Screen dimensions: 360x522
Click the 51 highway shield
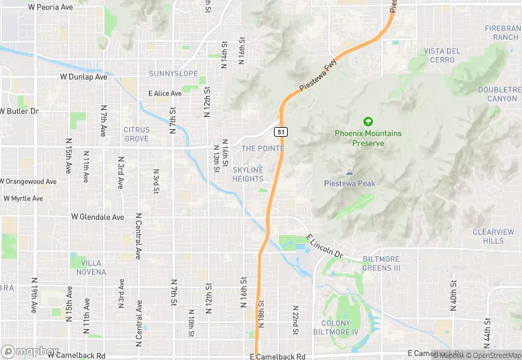[281, 131]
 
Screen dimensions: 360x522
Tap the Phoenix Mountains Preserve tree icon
[368, 121]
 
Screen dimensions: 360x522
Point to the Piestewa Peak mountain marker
[350, 172]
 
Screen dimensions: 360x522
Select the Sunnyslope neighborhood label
[173, 74]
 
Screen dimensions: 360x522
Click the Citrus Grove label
[136, 134]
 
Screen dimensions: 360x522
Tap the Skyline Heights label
[248, 175]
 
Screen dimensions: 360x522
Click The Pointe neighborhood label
[258, 148]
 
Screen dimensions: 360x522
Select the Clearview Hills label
[493, 236]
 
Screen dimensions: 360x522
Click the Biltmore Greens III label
[381, 263]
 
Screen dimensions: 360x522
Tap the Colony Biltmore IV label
[340, 328]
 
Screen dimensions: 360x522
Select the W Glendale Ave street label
[98, 216]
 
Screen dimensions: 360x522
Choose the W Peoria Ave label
[50, 7]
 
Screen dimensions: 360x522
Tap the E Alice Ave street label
[165, 93]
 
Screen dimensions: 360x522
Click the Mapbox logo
[30, 351]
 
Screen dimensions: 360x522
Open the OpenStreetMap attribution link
[493, 355]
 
